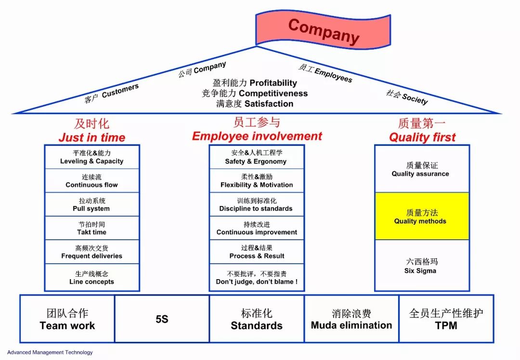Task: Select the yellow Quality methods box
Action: pos(422,216)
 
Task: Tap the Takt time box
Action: pos(92,228)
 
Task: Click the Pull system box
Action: pos(92,204)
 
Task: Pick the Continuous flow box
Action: pos(92,180)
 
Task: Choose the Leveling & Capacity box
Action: pos(92,157)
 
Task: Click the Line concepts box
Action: pos(92,277)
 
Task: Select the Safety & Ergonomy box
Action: pos(256,157)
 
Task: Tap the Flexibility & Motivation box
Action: pos(256,180)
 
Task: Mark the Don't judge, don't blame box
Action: pos(256,277)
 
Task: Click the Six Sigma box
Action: pos(422,266)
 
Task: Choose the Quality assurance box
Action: pos(422,169)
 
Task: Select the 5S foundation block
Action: pos(162,319)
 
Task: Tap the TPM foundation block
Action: pos(446,319)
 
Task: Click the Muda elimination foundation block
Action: pos(351,319)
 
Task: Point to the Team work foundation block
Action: pos(67,319)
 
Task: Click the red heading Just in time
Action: pos(92,138)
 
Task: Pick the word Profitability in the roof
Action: pos(273,83)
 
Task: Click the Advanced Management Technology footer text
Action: pos(50,352)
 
